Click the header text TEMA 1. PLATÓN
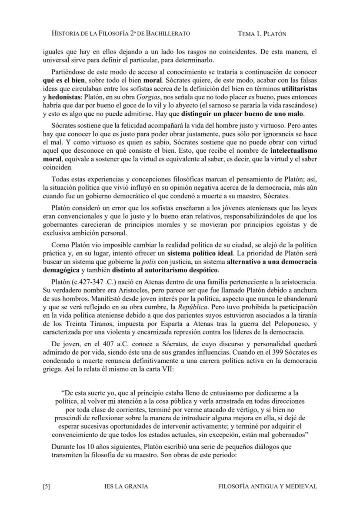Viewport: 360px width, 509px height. (262, 33)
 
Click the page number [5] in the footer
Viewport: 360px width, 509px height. (47, 486)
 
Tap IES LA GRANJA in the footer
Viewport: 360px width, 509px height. (127, 486)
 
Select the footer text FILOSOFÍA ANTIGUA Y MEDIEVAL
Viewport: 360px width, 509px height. (267, 486)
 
